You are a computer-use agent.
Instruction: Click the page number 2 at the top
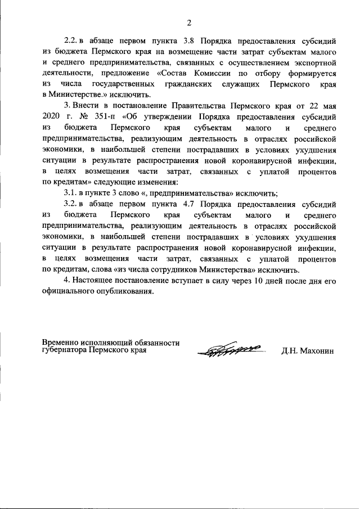point(189,23)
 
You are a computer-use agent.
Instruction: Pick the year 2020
point(51,116)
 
